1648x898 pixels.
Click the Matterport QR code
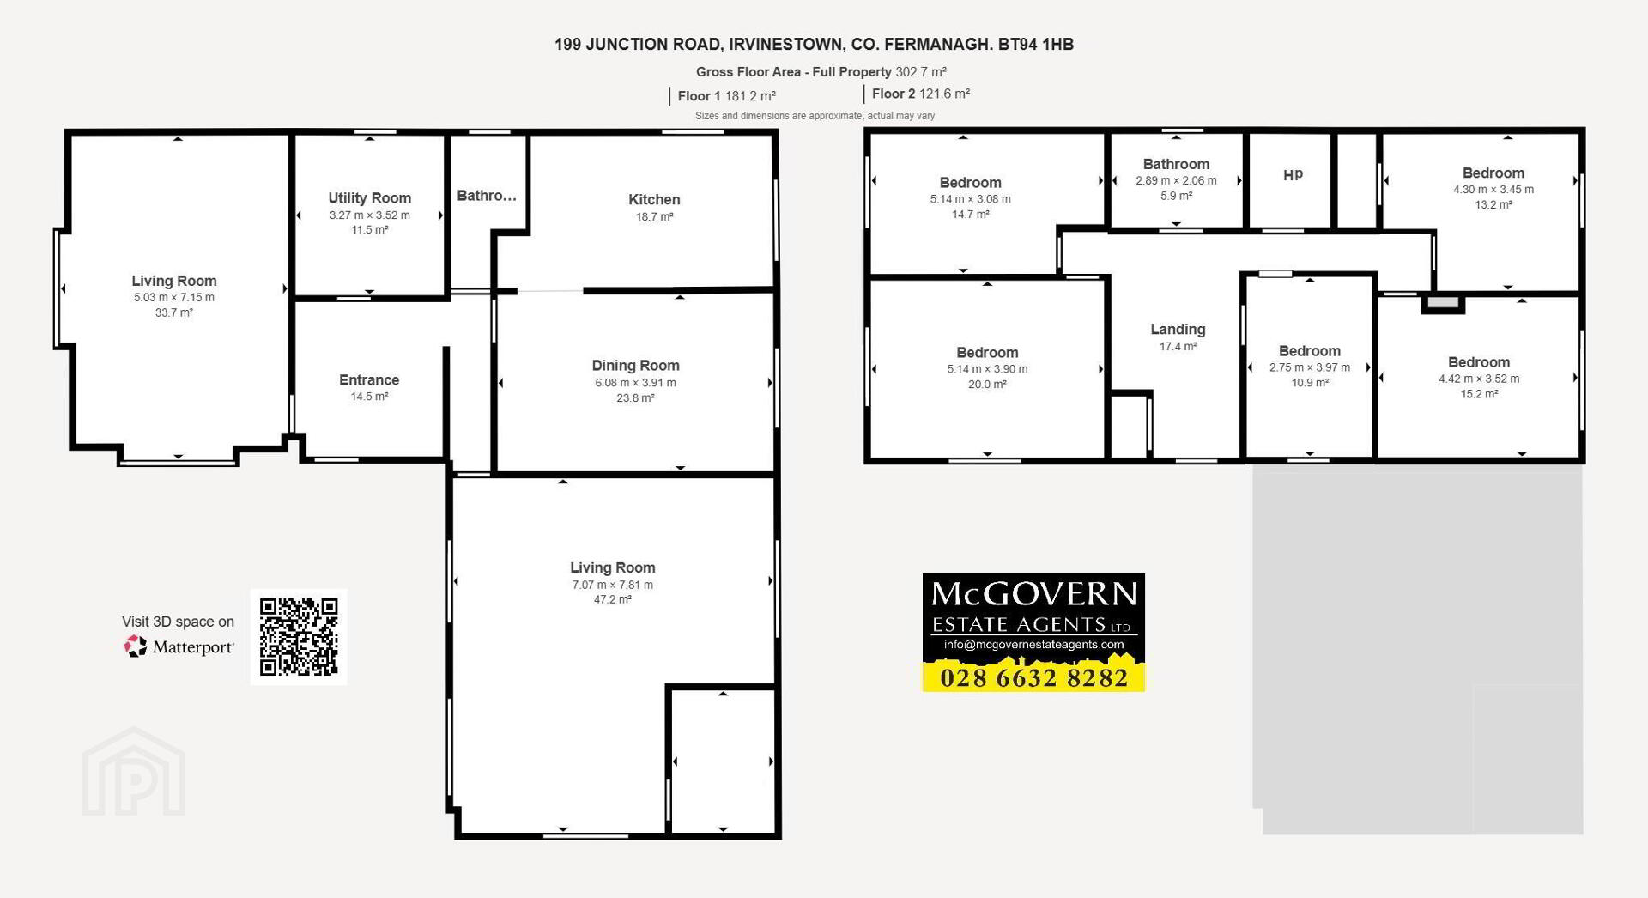[299, 637]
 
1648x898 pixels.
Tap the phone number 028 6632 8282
[1033, 678]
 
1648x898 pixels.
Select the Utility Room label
[370, 197]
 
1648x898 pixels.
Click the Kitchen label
[654, 199]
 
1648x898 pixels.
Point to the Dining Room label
[635, 366]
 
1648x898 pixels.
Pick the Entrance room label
[369, 379]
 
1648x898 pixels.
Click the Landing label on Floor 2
[1178, 330]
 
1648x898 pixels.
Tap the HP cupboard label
[1293, 175]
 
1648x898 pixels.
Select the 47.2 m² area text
[613, 599]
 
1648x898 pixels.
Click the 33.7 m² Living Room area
[174, 312]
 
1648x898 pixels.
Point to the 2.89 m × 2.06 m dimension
[1176, 181]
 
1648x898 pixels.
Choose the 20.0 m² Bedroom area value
[987, 385]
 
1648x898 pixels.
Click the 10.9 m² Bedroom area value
[1310, 383]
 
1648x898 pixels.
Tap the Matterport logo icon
[136, 646]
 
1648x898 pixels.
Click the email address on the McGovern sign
[1033, 645]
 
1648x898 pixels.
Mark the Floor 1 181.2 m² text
[727, 96]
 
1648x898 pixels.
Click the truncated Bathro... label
[487, 196]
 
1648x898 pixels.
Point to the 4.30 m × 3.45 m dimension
[1493, 190]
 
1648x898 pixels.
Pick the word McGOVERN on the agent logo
[1033, 594]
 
